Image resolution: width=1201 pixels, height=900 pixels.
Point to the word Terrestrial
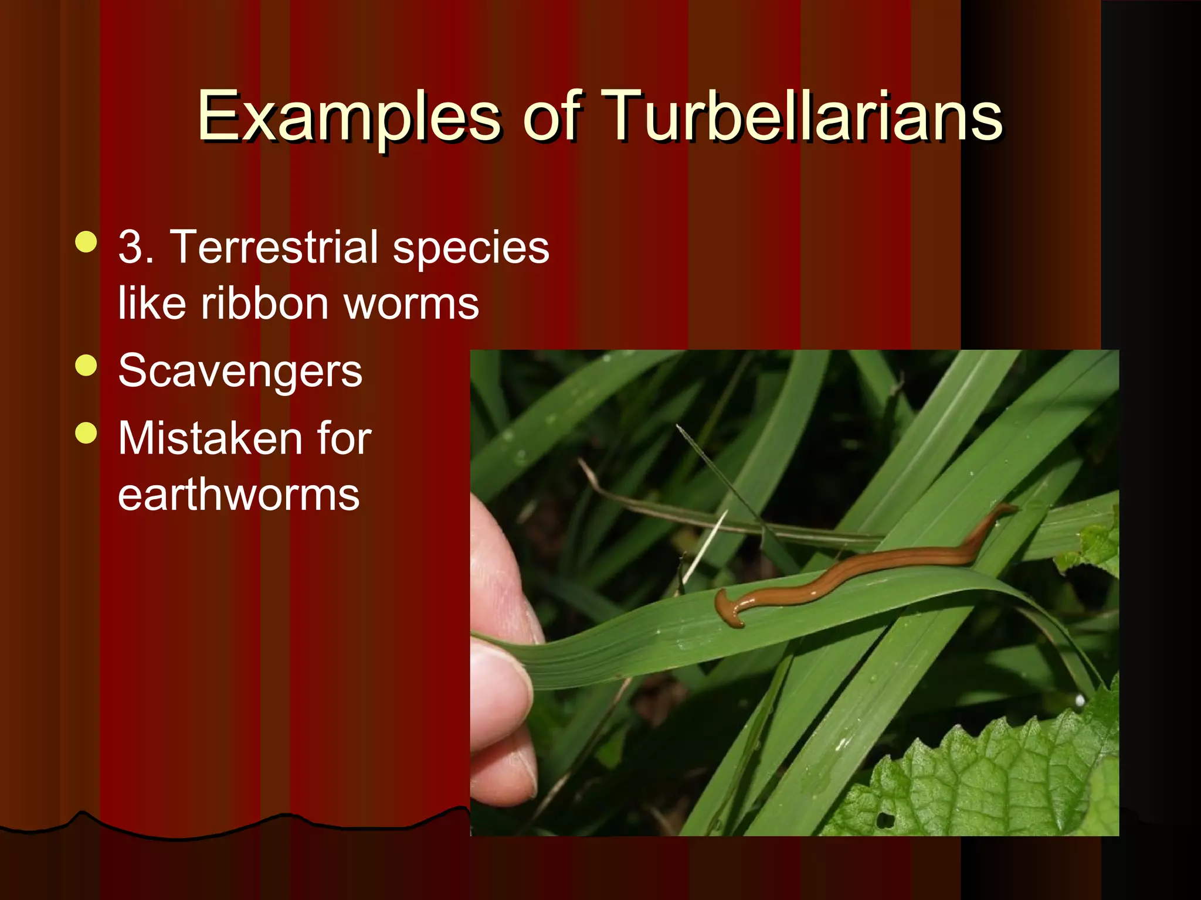coord(273,247)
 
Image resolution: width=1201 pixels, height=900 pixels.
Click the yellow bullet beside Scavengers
coord(86,366)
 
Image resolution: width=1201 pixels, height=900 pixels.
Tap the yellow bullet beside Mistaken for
coord(86,433)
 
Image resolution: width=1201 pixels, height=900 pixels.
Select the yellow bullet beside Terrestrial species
coord(86,242)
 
